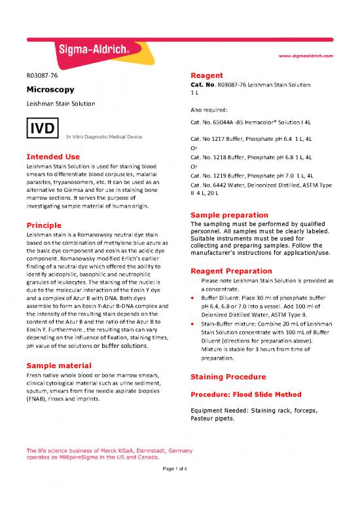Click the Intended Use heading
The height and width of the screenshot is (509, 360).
(x=53, y=157)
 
